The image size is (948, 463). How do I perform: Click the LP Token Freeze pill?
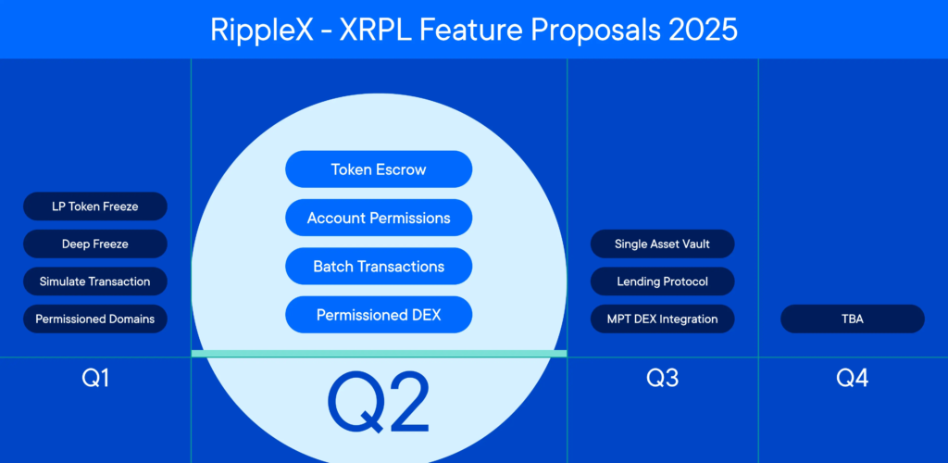(95, 206)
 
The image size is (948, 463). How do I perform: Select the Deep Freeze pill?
(95, 244)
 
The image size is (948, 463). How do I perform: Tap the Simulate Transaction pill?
(95, 282)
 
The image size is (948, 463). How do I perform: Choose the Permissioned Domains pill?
(95, 319)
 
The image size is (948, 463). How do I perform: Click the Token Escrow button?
(379, 169)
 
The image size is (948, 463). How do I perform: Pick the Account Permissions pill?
(379, 218)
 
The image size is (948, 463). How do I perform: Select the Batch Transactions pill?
(379, 266)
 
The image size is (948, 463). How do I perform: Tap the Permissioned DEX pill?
(379, 315)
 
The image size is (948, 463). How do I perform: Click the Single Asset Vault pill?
(662, 244)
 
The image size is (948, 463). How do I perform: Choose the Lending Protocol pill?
(662, 282)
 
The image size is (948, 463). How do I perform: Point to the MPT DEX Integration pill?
(662, 319)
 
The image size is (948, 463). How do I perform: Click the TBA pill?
(853, 319)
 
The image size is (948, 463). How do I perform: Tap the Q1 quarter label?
(95, 378)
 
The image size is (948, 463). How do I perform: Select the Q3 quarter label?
(662, 378)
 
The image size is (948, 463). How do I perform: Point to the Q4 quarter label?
(853, 378)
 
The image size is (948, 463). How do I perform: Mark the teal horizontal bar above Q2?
(379, 354)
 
